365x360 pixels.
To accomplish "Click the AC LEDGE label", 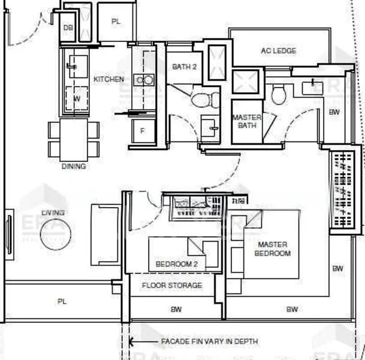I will tap(278, 51).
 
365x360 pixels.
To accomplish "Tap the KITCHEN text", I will tap(108, 79).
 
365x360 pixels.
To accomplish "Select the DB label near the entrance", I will tap(68, 28).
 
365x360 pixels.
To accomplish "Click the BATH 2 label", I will tap(184, 67).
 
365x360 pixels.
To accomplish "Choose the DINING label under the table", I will tap(73, 166).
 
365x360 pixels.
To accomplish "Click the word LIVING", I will tap(53, 212).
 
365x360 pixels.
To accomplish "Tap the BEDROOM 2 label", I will tap(173, 264).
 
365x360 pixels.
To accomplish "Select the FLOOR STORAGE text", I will tap(172, 286).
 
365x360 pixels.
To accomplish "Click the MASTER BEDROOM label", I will tap(272, 249).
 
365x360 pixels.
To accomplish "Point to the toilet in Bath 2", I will tap(198, 97).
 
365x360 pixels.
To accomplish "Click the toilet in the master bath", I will tap(277, 94).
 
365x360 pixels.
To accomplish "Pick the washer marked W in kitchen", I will tap(76, 98).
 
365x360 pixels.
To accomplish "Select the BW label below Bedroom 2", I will tap(176, 310).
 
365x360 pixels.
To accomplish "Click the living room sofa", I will tap(105, 234).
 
